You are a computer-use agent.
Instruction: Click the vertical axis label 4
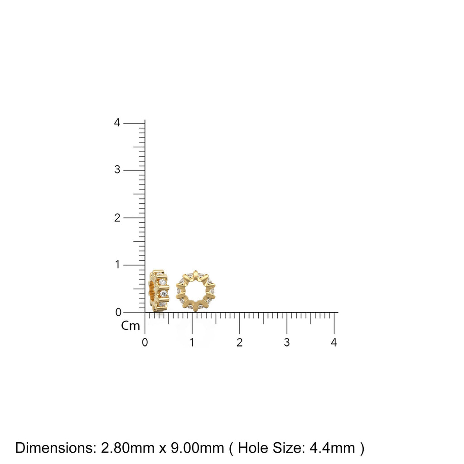coord(117,123)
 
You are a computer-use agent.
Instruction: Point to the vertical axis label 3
coord(117,170)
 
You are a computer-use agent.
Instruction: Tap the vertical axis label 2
coord(117,217)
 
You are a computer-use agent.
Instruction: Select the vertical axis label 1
coord(117,265)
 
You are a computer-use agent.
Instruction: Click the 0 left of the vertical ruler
coord(117,312)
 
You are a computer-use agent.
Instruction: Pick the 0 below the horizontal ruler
coord(145,343)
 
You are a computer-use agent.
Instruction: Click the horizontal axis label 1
coord(192,343)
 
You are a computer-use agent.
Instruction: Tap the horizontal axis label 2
coord(239,343)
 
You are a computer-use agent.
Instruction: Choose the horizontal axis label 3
coord(287,343)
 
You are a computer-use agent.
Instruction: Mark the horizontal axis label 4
coord(334,343)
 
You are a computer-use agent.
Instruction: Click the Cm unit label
coord(130,326)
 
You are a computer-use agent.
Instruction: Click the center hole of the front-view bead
coord(195,290)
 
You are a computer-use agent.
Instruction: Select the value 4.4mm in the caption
coord(332,448)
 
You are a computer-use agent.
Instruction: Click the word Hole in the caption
coord(253,448)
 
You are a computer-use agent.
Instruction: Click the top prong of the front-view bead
coord(195,273)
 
